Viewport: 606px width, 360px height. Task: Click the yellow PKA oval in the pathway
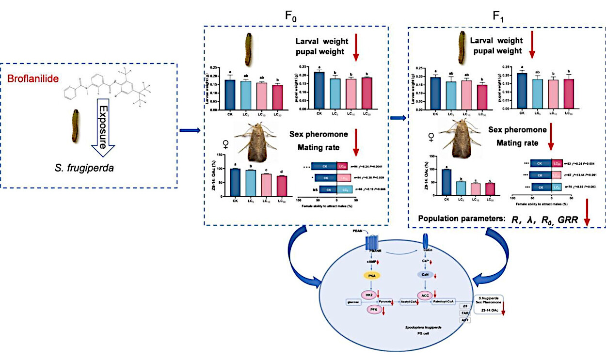[372, 275]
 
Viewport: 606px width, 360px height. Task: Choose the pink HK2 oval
[369, 294]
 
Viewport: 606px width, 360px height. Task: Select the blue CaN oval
[425, 275]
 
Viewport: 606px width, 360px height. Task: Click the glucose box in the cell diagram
[352, 301]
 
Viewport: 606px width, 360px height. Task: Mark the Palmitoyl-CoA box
[444, 301]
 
